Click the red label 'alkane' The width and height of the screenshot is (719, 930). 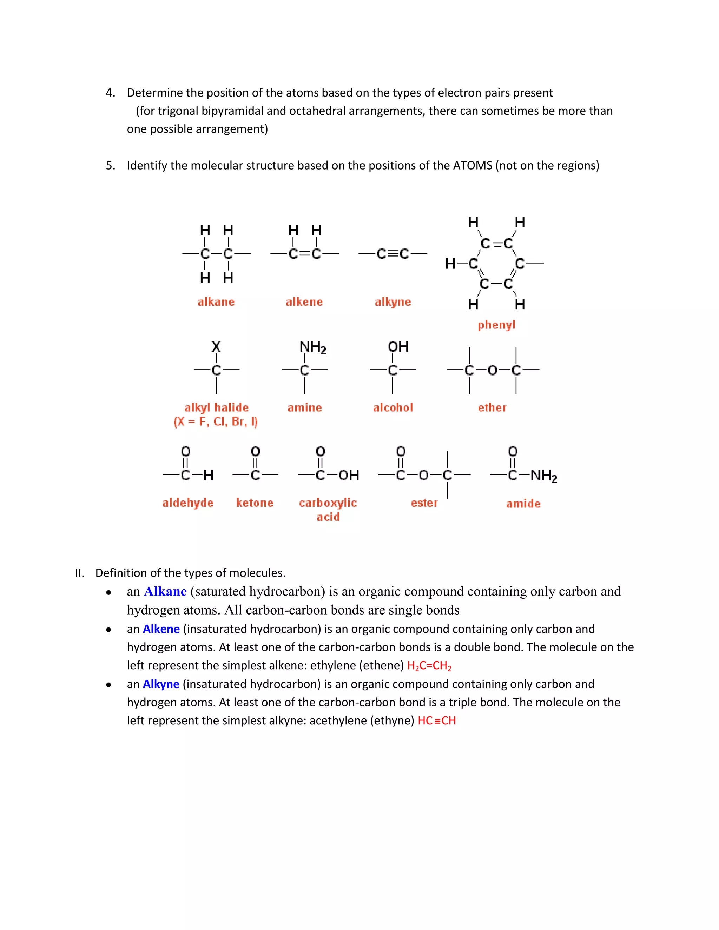click(x=216, y=302)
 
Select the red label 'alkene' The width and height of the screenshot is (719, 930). click(x=304, y=302)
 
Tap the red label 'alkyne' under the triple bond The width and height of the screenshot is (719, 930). click(x=393, y=302)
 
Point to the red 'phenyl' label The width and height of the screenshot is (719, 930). click(x=496, y=325)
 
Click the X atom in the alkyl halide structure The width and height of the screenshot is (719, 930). click(x=216, y=346)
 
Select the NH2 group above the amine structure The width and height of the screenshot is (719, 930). click(x=313, y=347)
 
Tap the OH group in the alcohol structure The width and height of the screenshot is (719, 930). click(x=398, y=347)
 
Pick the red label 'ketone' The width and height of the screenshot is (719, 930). click(x=255, y=503)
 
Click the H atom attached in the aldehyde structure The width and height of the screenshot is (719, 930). click(x=208, y=475)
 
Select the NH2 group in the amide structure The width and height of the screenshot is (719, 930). click(x=543, y=476)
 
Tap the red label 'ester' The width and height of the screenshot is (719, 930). click(x=424, y=503)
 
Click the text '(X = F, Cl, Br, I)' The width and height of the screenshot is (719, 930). click(x=216, y=421)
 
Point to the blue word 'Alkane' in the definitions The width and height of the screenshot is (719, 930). click(x=165, y=591)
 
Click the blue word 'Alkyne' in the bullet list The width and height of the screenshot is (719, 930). click(x=161, y=684)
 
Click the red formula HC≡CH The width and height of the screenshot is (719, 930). click(x=437, y=721)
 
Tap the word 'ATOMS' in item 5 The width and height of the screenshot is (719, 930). click(x=473, y=165)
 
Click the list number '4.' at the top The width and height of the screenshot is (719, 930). click(x=110, y=93)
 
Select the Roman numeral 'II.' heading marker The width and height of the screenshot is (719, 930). click(x=80, y=573)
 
